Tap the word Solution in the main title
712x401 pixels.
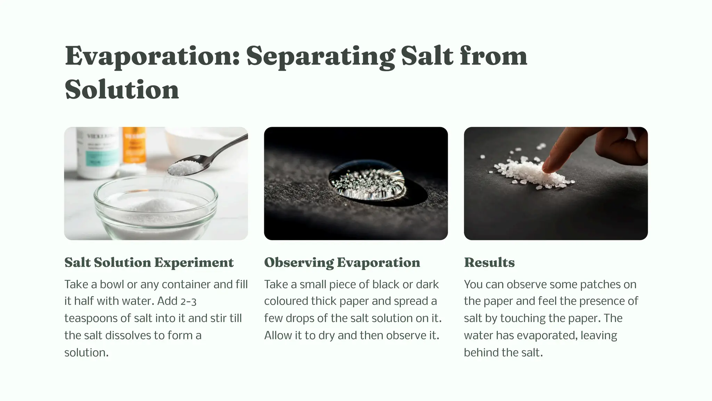[x=122, y=90]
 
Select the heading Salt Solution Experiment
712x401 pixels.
[x=149, y=262]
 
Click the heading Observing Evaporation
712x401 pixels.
[x=342, y=262]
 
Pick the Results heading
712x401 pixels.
[x=489, y=262]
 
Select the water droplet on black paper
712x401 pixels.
[x=367, y=180]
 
